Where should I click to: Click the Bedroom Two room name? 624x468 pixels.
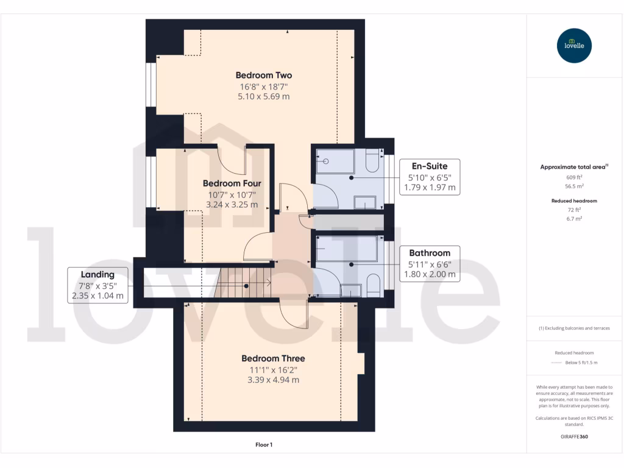(x=264, y=76)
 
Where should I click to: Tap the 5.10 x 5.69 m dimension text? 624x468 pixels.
(x=264, y=96)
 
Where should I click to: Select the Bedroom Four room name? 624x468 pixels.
(x=232, y=183)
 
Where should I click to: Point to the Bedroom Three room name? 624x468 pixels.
(x=273, y=358)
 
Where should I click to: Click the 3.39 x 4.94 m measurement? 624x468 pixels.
(x=273, y=380)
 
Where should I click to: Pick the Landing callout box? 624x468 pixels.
(x=98, y=285)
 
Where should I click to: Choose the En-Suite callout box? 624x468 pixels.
(x=429, y=177)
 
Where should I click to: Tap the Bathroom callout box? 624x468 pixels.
(x=429, y=263)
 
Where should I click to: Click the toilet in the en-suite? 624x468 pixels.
(x=372, y=163)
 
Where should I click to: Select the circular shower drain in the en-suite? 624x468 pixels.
(x=326, y=161)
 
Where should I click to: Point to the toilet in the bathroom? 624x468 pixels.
(x=373, y=285)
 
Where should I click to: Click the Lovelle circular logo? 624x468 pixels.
(x=574, y=46)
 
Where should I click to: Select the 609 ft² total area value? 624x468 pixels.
(x=574, y=177)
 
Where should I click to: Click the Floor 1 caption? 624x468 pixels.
(x=263, y=445)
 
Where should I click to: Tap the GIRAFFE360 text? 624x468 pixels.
(x=574, y=436)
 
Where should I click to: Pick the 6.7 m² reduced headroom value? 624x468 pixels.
(x=574, y=218)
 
